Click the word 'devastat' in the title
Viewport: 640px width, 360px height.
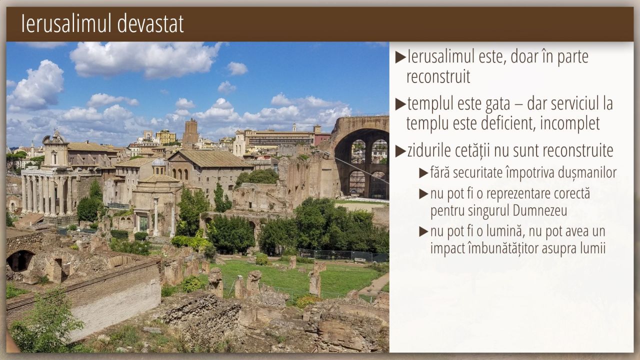coord(150,23)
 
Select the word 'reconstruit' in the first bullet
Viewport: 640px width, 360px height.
coord(438,76)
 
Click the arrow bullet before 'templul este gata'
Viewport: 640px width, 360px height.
coord(400,104)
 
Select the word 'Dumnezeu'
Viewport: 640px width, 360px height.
coord(539,211)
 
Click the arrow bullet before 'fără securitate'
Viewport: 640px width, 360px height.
coord(423,173)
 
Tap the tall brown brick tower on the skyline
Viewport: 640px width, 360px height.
coord(190,133)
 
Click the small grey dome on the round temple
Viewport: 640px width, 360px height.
coord(159,162)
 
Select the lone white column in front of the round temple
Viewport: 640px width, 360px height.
coord(155,217)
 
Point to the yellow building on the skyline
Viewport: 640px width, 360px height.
coord(165,137)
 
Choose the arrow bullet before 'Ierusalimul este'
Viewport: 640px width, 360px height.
coord(400,57)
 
